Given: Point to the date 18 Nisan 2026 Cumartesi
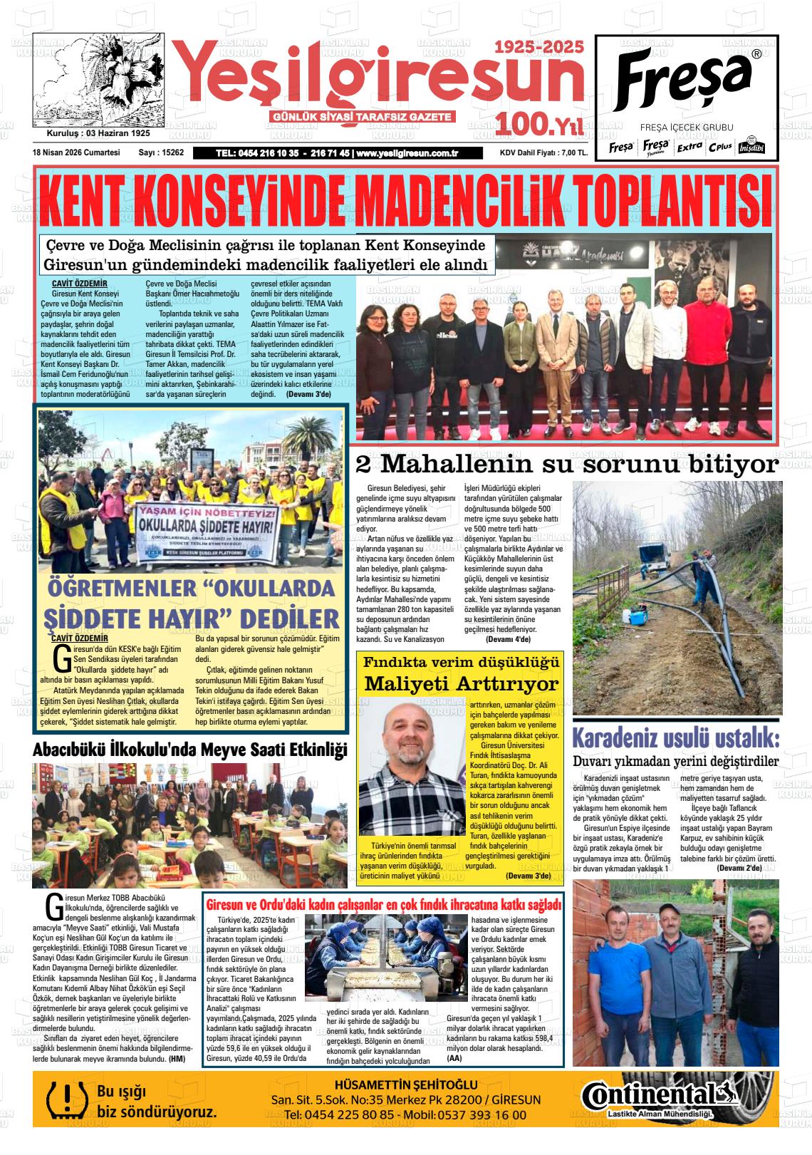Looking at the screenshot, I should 76,153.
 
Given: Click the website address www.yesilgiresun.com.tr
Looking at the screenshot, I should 407,153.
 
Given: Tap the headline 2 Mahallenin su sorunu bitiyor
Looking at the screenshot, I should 566,465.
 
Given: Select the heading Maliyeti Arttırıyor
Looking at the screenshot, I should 462,684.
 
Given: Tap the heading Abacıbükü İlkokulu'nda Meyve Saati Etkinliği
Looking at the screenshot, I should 189,750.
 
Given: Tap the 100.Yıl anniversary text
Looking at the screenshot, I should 540,125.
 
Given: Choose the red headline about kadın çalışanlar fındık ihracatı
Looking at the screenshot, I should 384,905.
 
